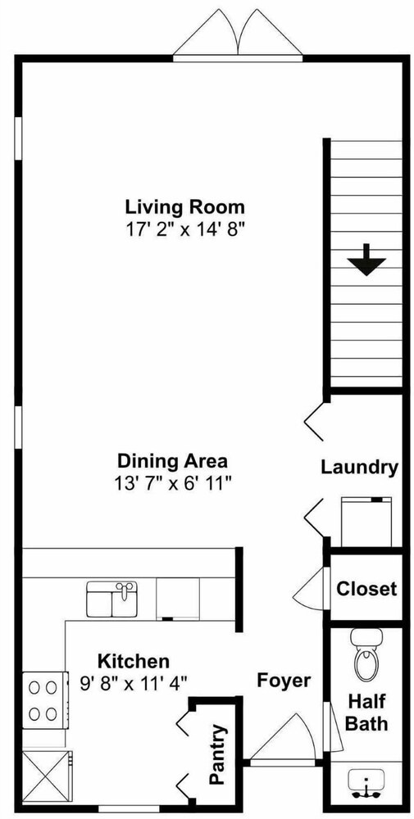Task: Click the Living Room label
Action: [184, 207]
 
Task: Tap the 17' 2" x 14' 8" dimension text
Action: [184, 230]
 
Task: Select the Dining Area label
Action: [172, 461]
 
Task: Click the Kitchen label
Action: [134, 661]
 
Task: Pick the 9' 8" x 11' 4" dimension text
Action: [134, 683]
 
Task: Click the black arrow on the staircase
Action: [366, 260]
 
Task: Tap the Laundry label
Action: [359, 467]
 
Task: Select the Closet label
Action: [366, 589]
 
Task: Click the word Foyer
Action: [284, 681]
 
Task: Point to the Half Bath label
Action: [367, 712]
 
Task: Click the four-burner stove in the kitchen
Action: [45, 700]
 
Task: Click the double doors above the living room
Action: [238, 34]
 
